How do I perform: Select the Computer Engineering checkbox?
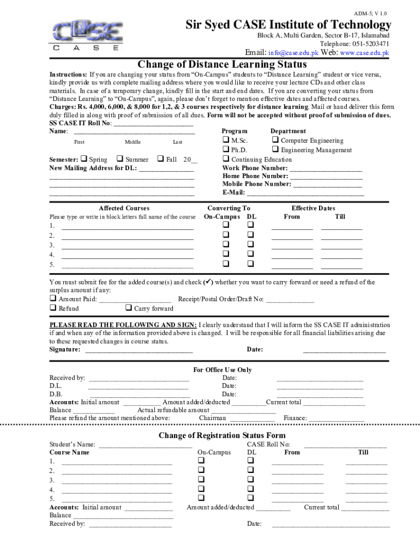point(275,141)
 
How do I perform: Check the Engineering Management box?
point(275,150)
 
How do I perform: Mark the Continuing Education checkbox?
point(226,159)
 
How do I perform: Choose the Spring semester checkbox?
point(84,159)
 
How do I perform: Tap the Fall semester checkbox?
point(161,159)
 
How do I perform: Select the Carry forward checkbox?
point(128,308)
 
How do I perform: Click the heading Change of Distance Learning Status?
point(222,65)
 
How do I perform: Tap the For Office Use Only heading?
point(223,370)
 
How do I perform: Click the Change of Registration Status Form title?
point(221,435)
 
